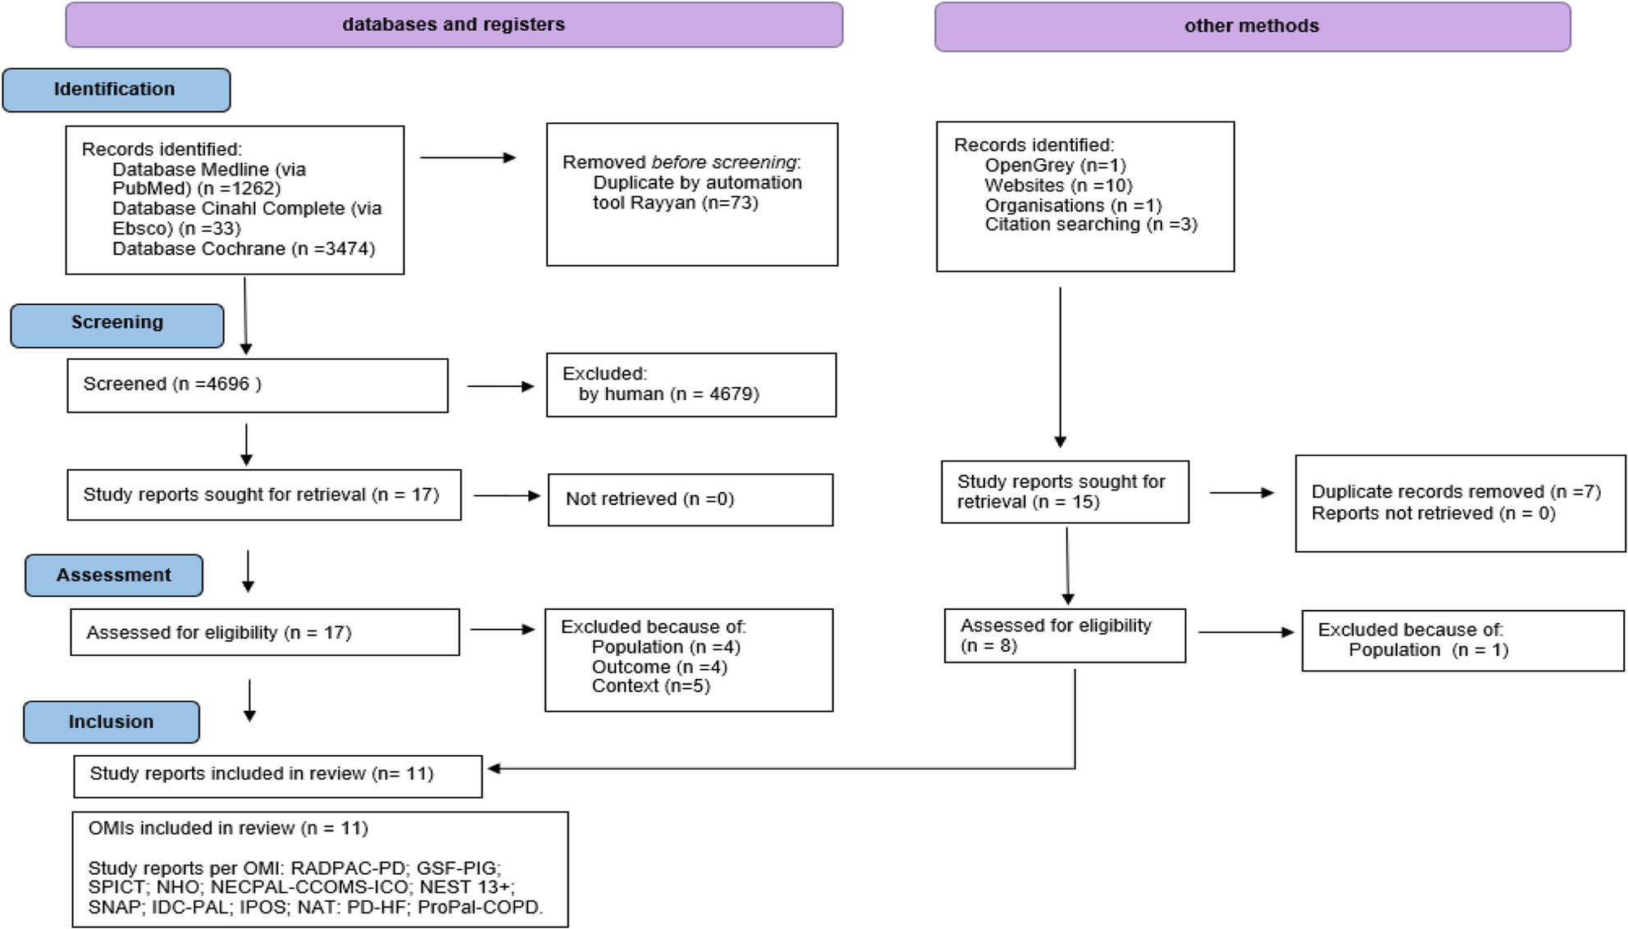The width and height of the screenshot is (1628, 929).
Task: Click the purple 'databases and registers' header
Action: coord(454,25)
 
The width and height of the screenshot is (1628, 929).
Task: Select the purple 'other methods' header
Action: coord(1252,26)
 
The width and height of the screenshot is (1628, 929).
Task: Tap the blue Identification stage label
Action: coord(116,89)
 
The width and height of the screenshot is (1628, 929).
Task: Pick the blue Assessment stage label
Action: coord(113,575)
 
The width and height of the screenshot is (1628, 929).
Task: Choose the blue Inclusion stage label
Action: coord(111,722)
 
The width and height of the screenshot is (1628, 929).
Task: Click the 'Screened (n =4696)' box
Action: coord(257,385)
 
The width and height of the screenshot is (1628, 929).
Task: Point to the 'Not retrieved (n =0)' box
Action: coord(690,499)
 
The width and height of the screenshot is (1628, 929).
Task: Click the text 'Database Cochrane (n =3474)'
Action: coord(244,248)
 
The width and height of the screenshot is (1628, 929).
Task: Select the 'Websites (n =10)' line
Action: coord(1058,185)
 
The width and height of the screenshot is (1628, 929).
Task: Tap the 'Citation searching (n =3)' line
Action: coord(1091,225)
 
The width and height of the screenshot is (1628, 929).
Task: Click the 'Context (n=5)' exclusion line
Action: coord(650,685)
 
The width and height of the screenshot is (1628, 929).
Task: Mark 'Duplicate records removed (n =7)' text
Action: coord(1456,491)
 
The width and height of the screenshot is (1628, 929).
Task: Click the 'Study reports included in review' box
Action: coord(277,775)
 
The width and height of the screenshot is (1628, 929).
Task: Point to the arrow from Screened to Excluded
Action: coord(500,386)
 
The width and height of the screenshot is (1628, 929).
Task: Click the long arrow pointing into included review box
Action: coord(779,768)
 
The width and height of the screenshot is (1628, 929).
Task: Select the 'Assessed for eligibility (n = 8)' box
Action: coord(1064,635)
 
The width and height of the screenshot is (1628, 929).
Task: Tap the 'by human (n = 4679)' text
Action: coord(668,394)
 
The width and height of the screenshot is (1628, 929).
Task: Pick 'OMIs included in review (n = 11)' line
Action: coord(228,828)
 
